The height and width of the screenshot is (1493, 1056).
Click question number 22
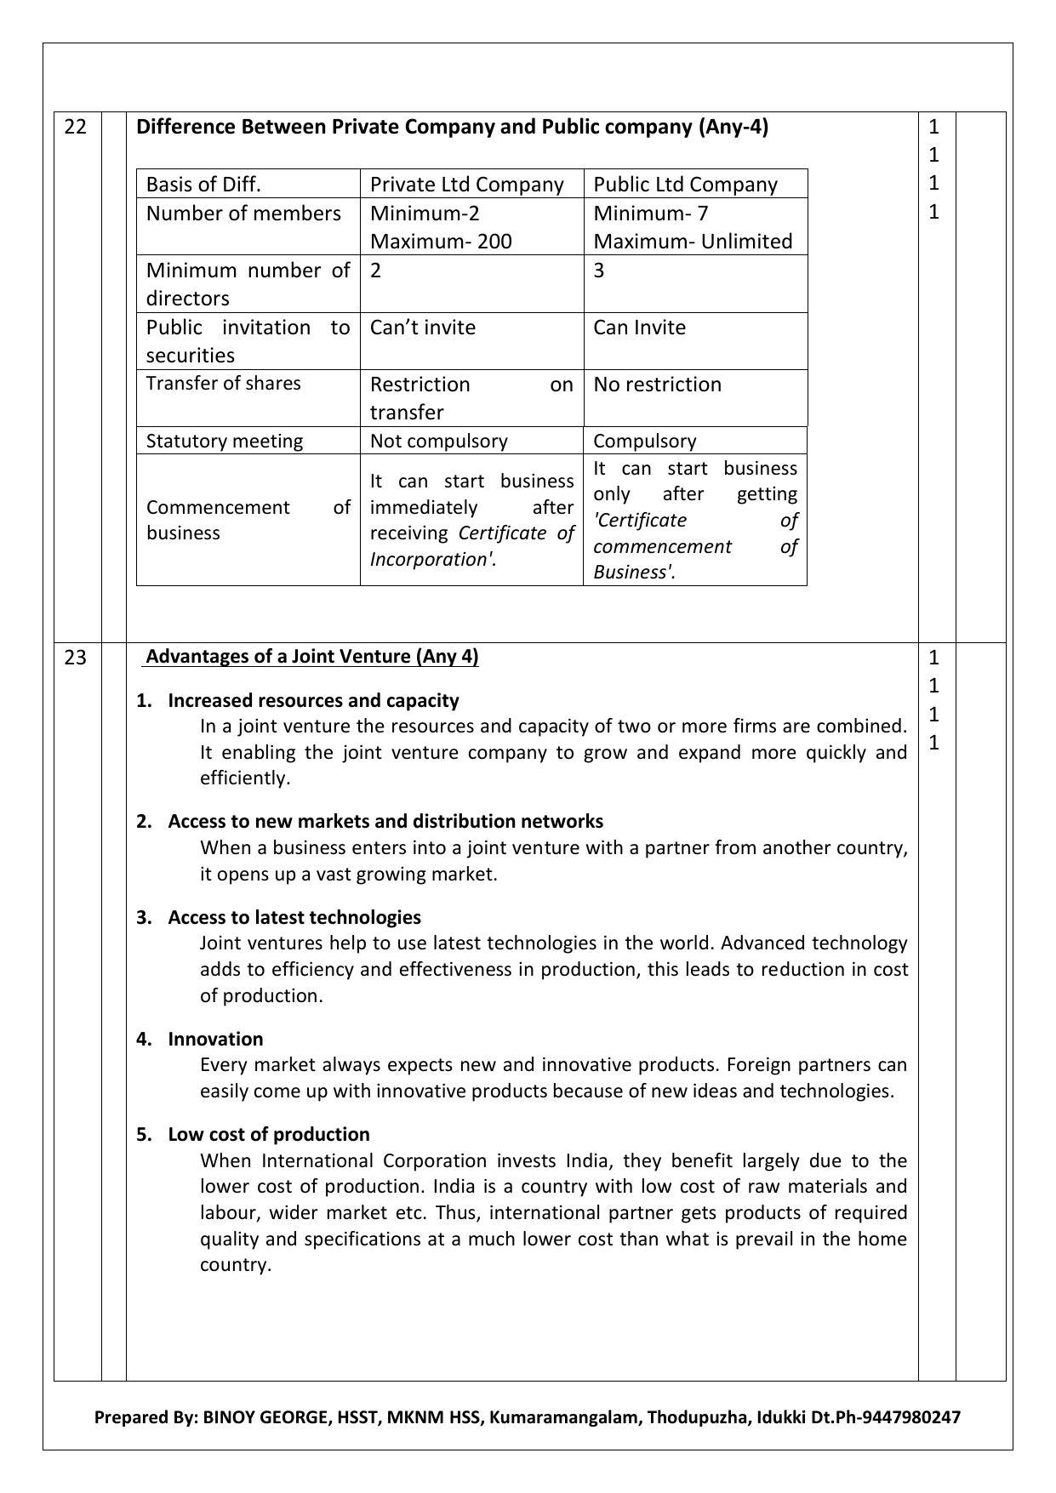[x=76, y=128]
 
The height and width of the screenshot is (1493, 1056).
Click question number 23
[x=76, y=658]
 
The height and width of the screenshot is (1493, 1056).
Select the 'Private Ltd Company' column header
[x=466, y=185]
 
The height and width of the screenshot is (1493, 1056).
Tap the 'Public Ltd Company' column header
[x=685, y=185]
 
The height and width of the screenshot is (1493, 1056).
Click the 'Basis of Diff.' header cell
[x=203, y=185]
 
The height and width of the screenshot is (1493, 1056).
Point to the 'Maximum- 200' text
[x=441, y=242]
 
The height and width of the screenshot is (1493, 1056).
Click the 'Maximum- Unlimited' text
[x=693, y=242]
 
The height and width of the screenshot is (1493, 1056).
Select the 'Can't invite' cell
[x=423, y=328]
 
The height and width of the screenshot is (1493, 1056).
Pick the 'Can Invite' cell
[x=639, y=328]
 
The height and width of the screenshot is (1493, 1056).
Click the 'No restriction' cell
[x=657, y=385]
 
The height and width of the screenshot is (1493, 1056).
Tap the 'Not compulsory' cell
[x=438, y=441]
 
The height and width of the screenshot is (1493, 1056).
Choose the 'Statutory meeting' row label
[x=225, y=441]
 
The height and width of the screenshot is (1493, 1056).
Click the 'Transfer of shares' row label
[x=224, y=383]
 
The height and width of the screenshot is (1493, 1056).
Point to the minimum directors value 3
[x=599, y=271]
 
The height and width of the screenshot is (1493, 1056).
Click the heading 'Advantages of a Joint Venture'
[x=311, y=657]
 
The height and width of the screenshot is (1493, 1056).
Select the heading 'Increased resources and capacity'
[x=313, y=700]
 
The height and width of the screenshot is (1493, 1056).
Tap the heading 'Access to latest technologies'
[x=294, y=917]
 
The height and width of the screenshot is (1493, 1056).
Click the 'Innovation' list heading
[x=215, y=1039]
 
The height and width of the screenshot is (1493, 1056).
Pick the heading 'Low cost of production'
[x=269, y=1134]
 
